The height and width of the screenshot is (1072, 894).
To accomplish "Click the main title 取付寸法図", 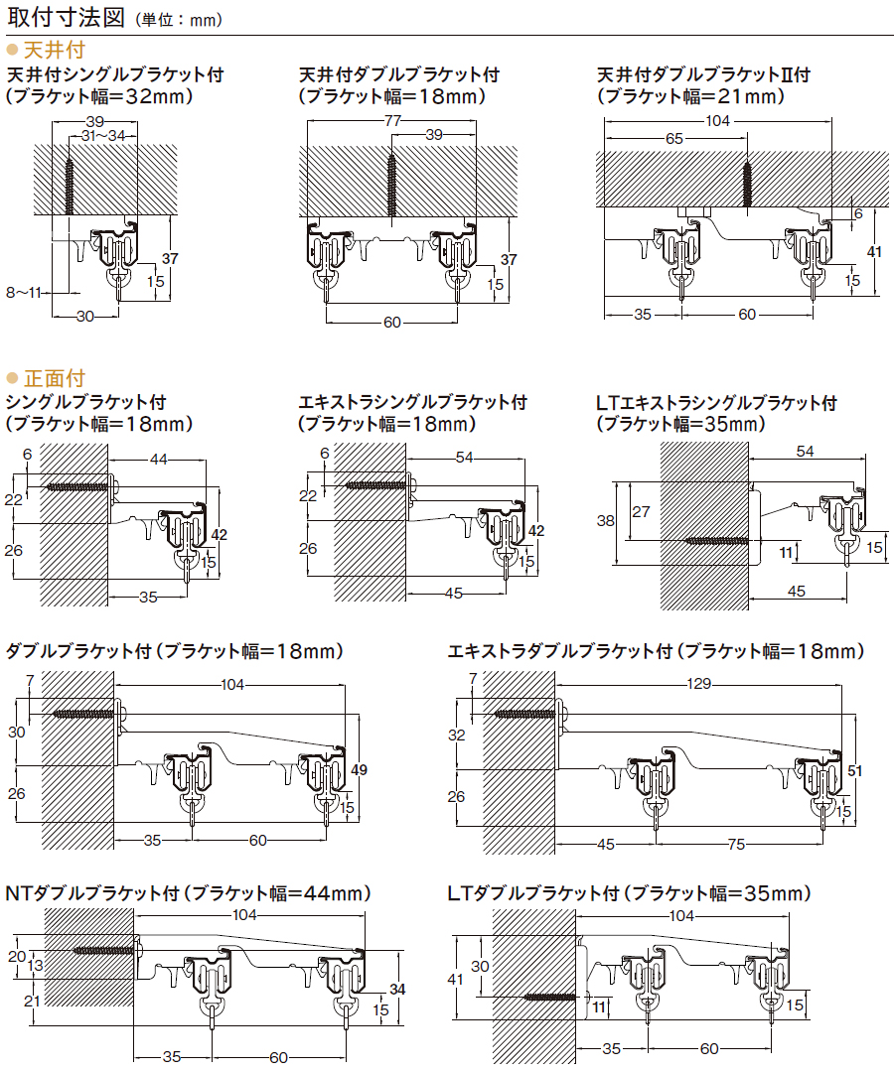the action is (x=66, y=17).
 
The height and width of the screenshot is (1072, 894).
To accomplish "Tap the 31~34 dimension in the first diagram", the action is (x=103, y=136).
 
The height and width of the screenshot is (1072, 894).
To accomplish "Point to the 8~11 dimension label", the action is (x=24, y=293).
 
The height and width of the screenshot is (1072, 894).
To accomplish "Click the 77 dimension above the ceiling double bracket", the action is (x=392, y=121).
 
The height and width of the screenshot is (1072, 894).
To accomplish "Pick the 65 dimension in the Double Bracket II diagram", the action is (x=673, y=139).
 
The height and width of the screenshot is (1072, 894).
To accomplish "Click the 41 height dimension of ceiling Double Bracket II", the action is (x=874, y=251).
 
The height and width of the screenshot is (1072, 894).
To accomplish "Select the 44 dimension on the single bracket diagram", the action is (x=158, y=459).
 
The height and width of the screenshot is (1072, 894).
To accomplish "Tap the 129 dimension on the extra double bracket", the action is (x=698, y=684).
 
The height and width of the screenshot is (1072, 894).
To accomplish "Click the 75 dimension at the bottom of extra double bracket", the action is (x=736, y=845).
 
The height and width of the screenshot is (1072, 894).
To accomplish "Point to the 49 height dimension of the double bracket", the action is (x=359, y=770).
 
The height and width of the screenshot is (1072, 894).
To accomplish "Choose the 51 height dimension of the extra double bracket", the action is (x=854, y=770).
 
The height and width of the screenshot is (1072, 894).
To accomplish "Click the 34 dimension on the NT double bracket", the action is (x=397, y=990).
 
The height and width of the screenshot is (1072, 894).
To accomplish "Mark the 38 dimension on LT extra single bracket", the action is (x=605, y=521).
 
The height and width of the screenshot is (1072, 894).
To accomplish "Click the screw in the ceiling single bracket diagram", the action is (x=70, y=187).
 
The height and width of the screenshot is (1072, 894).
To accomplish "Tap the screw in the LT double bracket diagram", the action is (x=550, y=998).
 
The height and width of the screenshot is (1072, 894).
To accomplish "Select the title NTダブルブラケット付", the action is (x=92, y=893).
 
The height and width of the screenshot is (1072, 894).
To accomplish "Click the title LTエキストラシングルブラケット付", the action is (x=716, y=403).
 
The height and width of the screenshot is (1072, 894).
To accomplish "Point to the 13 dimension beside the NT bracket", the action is (x=36, y=966).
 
